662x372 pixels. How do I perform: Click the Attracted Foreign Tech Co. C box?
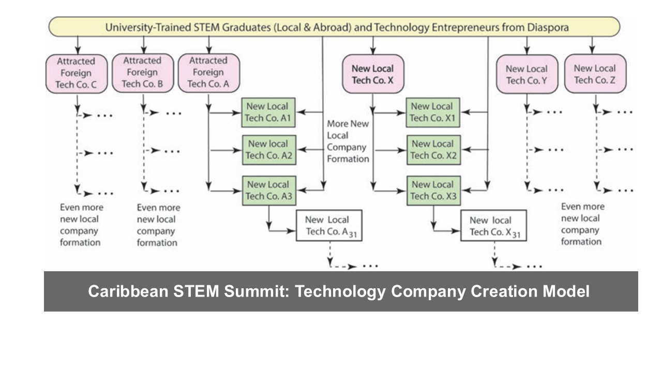76,73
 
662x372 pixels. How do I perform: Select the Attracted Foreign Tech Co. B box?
142,73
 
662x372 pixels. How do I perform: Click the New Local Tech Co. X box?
372,74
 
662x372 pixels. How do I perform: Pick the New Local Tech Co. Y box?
526,74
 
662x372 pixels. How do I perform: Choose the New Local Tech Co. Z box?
595,74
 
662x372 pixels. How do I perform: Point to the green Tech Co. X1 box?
432,113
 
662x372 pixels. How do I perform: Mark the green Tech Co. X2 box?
432,150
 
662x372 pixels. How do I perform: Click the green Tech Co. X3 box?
432,190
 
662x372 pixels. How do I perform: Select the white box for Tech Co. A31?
329,226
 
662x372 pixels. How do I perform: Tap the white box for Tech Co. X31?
493,226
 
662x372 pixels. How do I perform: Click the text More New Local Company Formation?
348,142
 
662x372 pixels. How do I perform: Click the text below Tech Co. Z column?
582,224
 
